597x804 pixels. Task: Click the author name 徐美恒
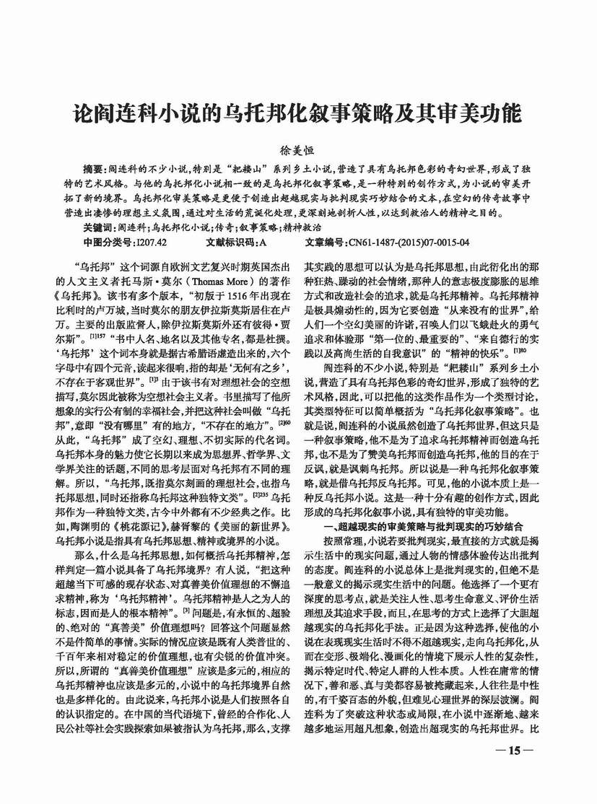pos(299,150)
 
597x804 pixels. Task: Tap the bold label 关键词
pos(99,227)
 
